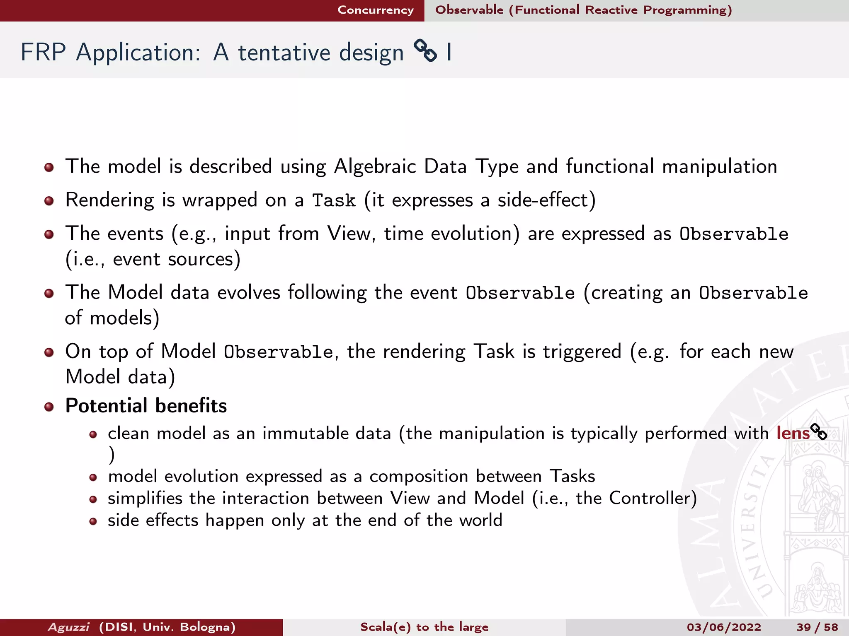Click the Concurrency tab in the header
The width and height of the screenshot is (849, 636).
point(376,10)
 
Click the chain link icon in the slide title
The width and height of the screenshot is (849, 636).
point(425,51)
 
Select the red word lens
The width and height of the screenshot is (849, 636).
point(793,433)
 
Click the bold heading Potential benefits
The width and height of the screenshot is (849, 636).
point(146,406)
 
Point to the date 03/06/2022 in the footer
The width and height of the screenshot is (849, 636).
point(724,627)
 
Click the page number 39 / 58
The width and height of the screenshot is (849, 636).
point(817,627)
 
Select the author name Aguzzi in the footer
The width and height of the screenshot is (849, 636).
point(68,627)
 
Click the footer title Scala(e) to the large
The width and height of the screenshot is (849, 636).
point(424,627)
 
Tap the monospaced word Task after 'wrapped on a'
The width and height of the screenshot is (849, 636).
point(334,201)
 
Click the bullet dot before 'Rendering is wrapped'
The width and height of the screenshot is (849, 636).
point(49,201)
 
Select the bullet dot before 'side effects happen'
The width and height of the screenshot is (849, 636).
point(93,521)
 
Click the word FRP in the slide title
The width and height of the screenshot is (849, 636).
point(43,53)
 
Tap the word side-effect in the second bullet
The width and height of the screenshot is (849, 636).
point(543,200)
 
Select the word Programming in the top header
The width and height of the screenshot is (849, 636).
point(687,10)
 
